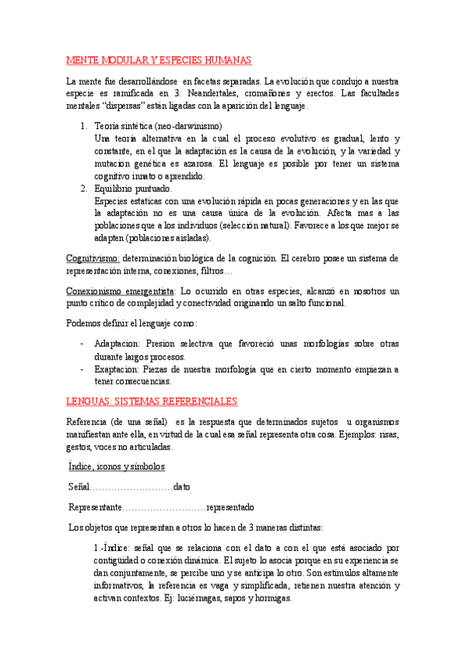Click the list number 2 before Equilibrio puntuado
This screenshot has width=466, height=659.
click(x=84, y=189)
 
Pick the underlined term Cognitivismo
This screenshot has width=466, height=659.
click(x=92, y=258)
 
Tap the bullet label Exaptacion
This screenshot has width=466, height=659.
click(x=117, y=369)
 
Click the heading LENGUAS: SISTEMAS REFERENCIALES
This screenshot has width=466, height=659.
click(x=152, y=401)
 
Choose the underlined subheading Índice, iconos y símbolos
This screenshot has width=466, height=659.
click(x=117, y=466)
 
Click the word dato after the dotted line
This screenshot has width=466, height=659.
click(x=182, y=486)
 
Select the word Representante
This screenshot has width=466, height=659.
click(x=95, y=507)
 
